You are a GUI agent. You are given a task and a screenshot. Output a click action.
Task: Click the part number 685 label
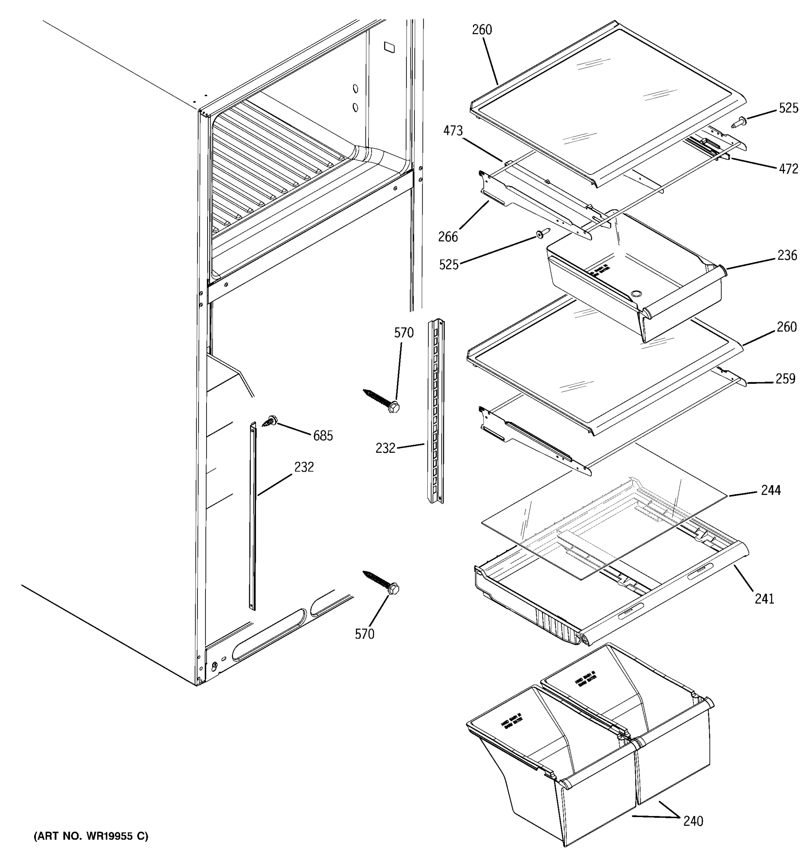pyautogui.click(x=323, y=435)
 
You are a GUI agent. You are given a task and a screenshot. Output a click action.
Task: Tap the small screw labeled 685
pyautogui.click(x=270, y=420)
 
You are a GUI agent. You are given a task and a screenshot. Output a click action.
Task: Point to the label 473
pyautogui.click(x=453, y=130)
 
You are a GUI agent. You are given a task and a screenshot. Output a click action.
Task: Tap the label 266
pyautogui.click(x=448, y=237)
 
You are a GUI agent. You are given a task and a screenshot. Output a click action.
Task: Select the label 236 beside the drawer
pyautogui.click(x=787, y=255)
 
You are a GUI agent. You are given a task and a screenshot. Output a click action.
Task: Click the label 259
pyautogui.click(x=785, y=379)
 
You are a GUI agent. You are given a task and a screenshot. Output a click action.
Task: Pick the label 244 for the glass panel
pyautogui.click(x=771, y=490)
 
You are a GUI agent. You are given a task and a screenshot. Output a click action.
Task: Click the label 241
pyautogui.click(x=764, y=599)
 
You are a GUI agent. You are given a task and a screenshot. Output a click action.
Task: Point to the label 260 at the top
pyautogui.click(x=482, y=30)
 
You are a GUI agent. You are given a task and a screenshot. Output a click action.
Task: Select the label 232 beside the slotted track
pyautogui.click(x=385, y=448)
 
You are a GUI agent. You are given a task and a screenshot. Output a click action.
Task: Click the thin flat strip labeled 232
pyautogui.click(x=253, y=516)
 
